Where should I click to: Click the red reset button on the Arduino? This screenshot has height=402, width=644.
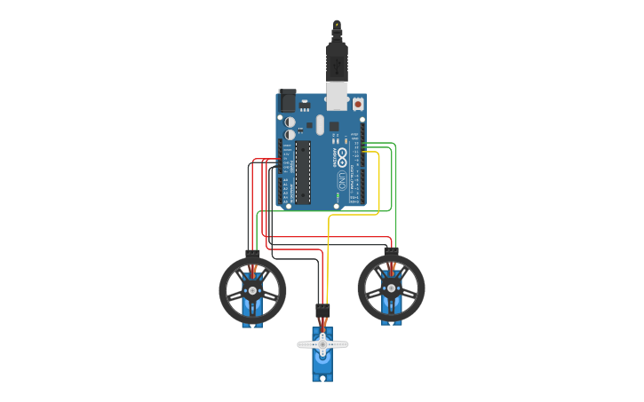point(358,104)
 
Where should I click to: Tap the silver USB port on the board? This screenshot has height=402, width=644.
point(337,97)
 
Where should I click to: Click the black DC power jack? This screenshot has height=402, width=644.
point(287,99)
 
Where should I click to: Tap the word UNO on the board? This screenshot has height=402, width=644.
point(343,181)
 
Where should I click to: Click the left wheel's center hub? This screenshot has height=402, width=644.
point(252,290)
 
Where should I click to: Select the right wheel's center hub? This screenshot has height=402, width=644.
point(391,288)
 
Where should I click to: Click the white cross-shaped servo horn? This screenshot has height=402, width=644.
point(322,343)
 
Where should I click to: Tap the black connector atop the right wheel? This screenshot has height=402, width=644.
point(391,253)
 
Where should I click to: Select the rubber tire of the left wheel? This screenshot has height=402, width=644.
point(225,289)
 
